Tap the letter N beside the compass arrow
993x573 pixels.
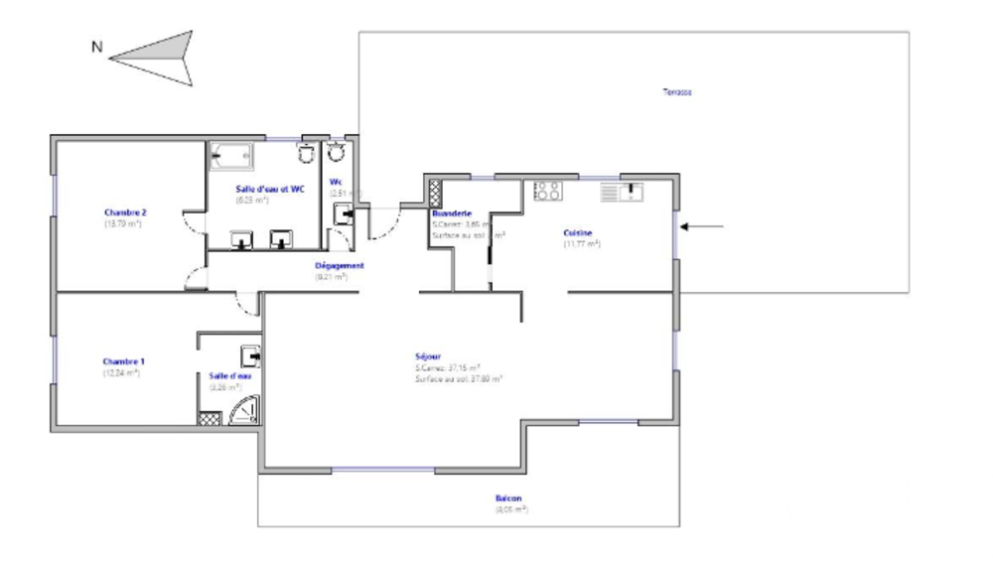click(x=95, y=46)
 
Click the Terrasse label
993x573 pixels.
click(x=677, y=92)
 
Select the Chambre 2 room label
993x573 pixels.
click(x=125, y=213)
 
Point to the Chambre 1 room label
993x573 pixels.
click(x=124, y=361)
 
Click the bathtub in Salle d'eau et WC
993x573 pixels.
click(x=230, y=155)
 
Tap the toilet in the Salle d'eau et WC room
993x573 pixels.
click(x=307, y=152)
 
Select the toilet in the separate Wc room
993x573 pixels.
click(x=336, y=152)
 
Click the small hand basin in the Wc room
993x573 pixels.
click(x=344, y=212)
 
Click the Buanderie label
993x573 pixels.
click(x=451, y=214)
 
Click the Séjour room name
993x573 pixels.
click(x=429, y=357)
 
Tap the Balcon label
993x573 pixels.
click(x=509, y=499)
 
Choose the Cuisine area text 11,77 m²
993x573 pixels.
click(x=581, y=243)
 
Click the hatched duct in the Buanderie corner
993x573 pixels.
click(x=434, y=187)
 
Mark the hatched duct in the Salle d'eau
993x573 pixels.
click(x=209, y=418)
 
